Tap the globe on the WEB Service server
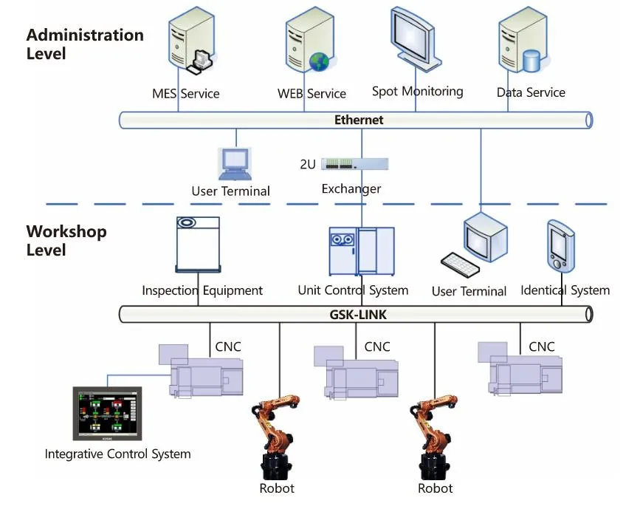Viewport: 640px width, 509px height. click(x=318, y=61)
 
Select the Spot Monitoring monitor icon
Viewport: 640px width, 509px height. click(x=414, y=41)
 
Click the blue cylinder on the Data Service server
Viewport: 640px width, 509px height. click(x=531, y=61)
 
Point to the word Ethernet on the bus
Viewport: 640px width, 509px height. click(x=359, y=120)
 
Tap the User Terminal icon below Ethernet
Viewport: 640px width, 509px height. click(x=235, y=163)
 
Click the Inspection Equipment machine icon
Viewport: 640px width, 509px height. click(x=198, y=245)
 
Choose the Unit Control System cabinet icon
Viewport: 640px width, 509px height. click(x=362, y=251)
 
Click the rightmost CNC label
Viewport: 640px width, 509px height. click(x=542, y=346)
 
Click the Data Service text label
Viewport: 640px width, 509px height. click(x=531, y=92)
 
